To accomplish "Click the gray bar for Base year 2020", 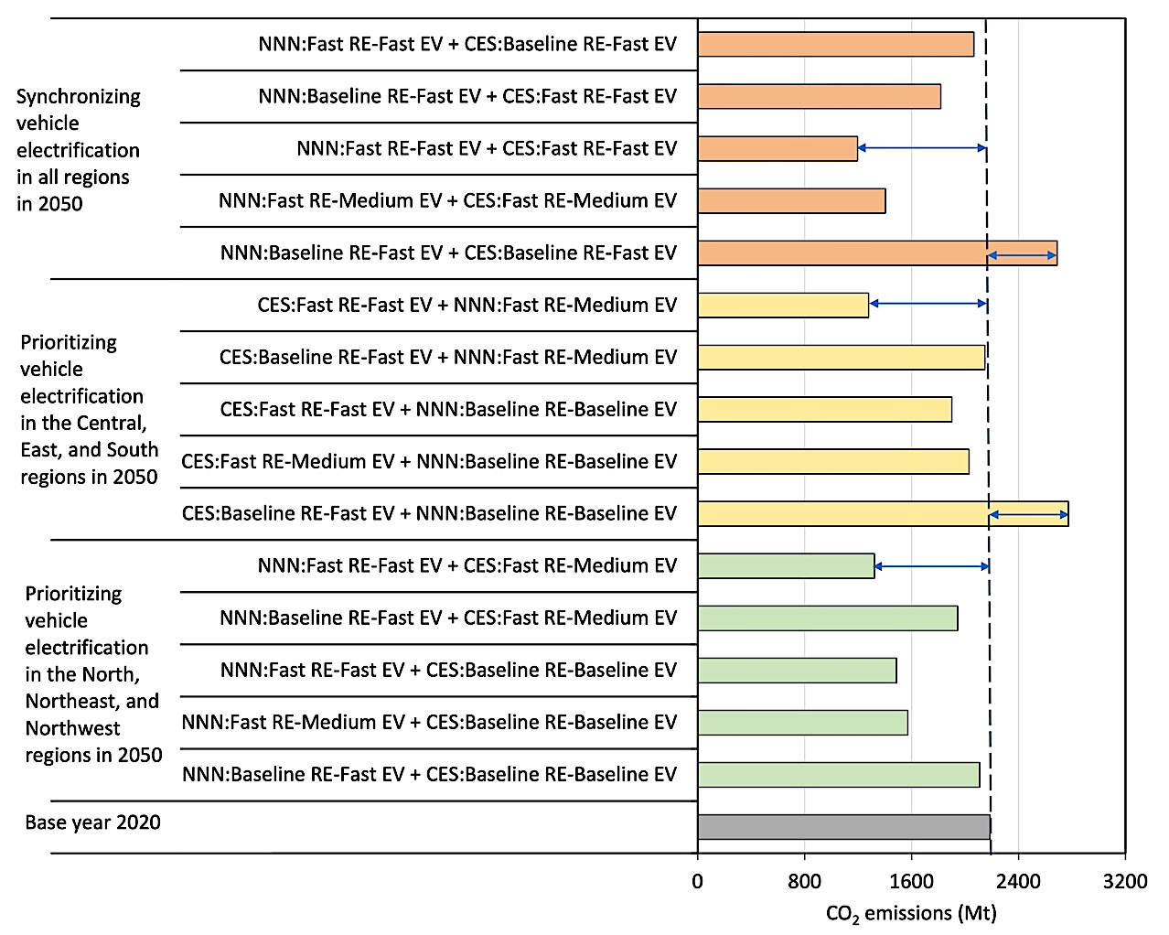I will [843, 827].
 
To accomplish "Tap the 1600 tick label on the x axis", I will [911, 881].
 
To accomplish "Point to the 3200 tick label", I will [1124, 881].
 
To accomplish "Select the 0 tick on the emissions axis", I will [698, 881].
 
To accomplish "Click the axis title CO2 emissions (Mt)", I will [910, 913].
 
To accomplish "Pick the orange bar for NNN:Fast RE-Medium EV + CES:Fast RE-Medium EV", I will [791, 200].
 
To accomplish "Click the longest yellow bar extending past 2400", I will [883, 513].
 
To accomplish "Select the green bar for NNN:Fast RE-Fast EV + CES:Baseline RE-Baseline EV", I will [797, 670].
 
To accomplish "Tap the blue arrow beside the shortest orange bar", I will [922, 148].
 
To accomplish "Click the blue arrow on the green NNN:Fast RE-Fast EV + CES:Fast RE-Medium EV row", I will [931, 566].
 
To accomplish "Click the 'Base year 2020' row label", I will [93, 822].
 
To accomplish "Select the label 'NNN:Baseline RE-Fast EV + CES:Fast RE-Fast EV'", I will [467, 96].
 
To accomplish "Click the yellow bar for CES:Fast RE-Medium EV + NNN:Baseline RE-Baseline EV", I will [833, 461].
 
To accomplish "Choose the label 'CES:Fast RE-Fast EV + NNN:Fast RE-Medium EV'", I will [467, 305].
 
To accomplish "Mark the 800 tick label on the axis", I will [804, 881].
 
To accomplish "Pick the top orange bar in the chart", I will [835, 44].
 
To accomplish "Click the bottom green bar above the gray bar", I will [838, 774].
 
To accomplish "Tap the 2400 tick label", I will [1018, 881].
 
